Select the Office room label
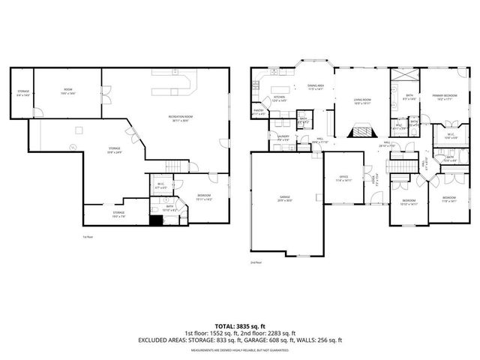(x=344, y=179)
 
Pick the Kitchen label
(x=280, y=98)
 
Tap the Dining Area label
(x=315, y=87)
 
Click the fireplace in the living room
(x=361, y=130)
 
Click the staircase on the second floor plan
(x=400, y=157)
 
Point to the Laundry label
(x=283, y=139)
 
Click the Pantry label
(x=258, y=111)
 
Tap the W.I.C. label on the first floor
(x=160, y=184)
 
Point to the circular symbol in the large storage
(x=73, y=148)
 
